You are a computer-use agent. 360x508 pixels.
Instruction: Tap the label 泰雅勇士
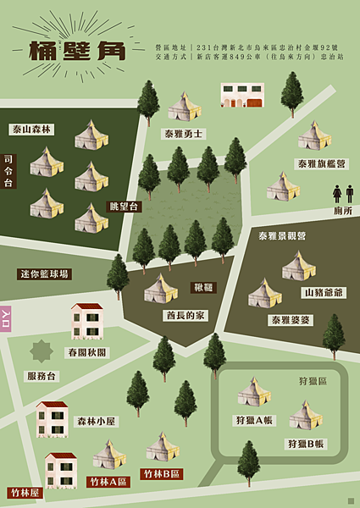[x=183, y=133]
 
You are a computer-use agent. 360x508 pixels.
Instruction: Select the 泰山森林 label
[x=32, y=130]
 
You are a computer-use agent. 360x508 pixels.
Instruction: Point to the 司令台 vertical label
[x=8, y=171]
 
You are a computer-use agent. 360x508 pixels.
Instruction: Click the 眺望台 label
[x=124, y=207]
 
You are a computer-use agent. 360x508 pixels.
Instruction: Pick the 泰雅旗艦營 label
[x=321, y=163]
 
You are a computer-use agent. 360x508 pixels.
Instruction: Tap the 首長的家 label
[x=186, y=315]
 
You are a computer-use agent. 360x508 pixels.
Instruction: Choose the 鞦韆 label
[x=204, y=288]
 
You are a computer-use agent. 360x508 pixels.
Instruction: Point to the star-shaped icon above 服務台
[x=42, y=351]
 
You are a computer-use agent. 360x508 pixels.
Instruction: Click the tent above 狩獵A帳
[x=253, y=391]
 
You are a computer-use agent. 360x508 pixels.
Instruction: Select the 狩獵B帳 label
[x=306, y=443]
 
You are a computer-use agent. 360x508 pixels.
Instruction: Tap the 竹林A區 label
[x=109, y=482]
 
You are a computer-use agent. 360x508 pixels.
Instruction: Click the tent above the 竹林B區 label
[x=162, y=447]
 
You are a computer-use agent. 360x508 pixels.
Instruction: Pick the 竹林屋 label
[x=24, y=492]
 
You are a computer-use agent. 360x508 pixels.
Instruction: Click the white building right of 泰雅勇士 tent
[x=242, y=95]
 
